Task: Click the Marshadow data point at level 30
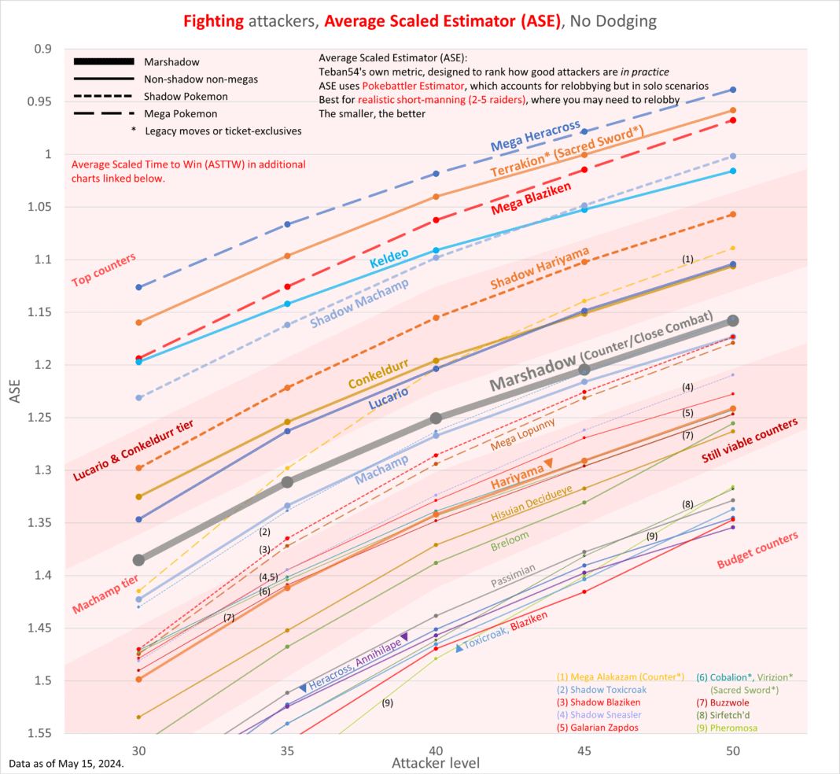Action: coord(138,560)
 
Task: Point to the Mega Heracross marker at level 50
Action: coord(733,90)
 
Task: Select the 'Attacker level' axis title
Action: coord(436,763)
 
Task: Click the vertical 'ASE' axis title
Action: coord(17,391)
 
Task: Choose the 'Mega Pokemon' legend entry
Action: coord(175,113)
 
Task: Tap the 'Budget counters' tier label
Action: coord(757,550)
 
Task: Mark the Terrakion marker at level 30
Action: coord(138,322)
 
